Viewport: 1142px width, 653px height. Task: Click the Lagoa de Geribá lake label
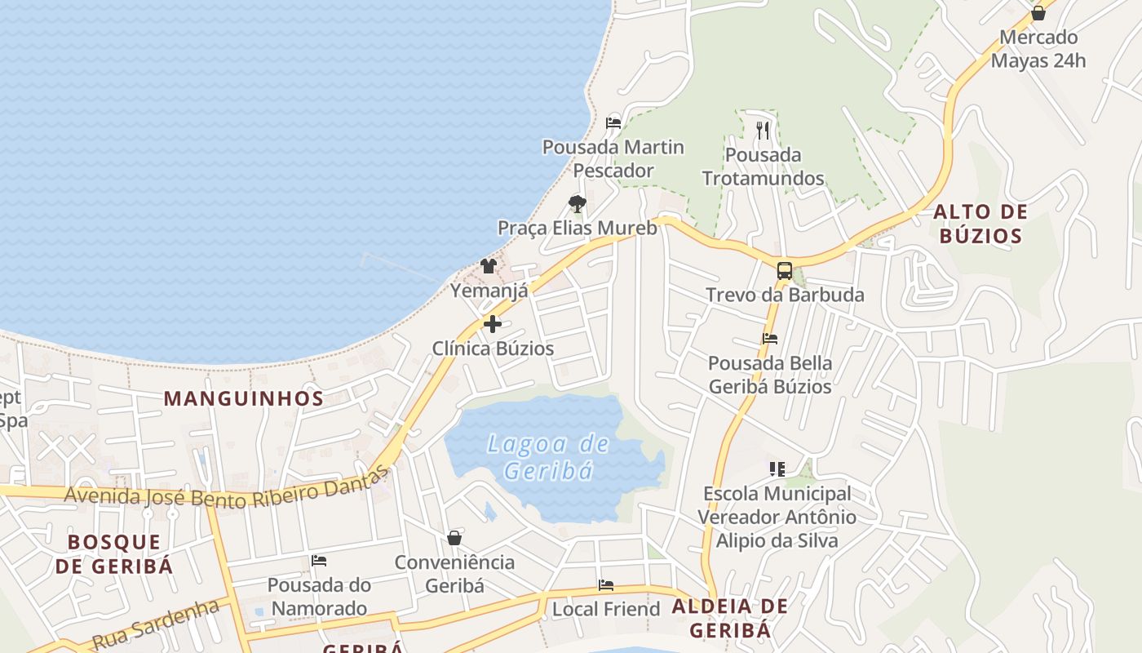point(548,457)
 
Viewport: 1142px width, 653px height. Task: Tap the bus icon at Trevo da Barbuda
point(784,271)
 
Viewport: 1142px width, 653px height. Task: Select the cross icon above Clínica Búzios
point(493,324)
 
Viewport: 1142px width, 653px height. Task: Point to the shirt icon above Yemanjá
point(489,265)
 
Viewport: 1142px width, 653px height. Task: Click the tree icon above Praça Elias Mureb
point(578,203)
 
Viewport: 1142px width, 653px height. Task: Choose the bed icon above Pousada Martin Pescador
point(613,123)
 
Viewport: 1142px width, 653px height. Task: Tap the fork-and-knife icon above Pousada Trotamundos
point(763,130)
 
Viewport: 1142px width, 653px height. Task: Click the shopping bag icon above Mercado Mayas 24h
point(1038,13)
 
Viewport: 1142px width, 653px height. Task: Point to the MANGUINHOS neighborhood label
point(244,398)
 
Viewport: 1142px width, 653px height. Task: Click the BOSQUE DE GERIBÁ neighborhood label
point(114,553)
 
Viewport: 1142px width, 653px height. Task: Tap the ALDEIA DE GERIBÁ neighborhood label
point(730,618)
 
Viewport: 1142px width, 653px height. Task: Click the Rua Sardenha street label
point(156,624)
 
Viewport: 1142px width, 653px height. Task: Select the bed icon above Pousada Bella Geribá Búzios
point(770,338)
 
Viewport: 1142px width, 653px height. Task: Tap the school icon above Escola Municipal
point(777,469)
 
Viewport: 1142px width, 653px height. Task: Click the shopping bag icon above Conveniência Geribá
point(454,538)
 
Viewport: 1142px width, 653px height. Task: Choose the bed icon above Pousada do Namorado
point(319,561)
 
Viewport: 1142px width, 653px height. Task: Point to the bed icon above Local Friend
point(606,584)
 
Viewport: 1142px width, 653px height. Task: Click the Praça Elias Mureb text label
point(578,228)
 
